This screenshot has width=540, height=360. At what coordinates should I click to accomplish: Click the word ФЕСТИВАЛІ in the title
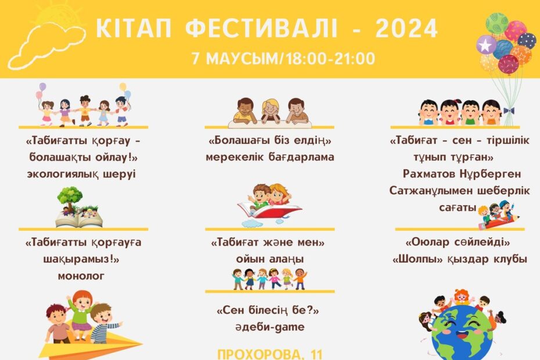click(261, 28)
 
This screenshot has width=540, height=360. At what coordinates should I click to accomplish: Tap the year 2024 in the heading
click(406, 28)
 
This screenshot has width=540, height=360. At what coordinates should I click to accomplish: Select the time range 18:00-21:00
click(330, 59)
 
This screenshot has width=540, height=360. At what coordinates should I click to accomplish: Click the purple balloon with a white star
click(486, 45)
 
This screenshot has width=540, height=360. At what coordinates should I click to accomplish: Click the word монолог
click(81, 276)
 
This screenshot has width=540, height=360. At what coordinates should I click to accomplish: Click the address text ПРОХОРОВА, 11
click(270, 355)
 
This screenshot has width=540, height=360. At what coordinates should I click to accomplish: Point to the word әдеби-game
click(270, 327)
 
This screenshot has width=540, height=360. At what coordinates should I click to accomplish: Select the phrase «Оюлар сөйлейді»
click(458, 242)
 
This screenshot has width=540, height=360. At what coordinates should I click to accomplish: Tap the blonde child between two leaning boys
click(271, 111)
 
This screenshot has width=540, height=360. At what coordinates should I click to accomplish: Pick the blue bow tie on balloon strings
click(509, 111)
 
